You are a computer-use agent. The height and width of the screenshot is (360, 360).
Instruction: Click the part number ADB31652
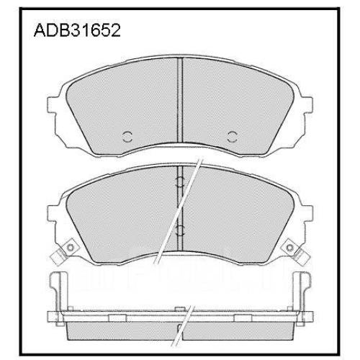tap(77, 30)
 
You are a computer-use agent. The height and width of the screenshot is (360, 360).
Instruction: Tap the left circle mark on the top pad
tap(127, 137)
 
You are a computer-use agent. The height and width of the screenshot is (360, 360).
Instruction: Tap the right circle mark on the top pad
tap(232, 137)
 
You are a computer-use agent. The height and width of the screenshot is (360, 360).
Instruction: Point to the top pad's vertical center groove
tap(180, 101)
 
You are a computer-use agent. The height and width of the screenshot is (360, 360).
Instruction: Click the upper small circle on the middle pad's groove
tap(180, 181)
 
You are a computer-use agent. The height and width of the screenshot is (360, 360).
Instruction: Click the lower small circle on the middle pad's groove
tap(180, 230)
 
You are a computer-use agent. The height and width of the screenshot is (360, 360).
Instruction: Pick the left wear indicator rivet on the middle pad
tap(70, 247)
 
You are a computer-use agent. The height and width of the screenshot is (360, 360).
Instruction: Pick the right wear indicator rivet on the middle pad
tap(290, 247)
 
